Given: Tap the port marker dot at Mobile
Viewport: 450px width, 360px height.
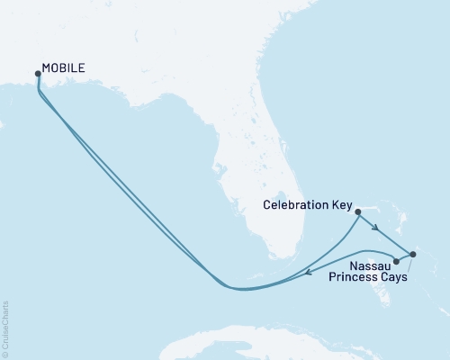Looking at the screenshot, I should (37, 74).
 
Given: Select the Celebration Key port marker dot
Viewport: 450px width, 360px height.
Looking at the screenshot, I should (358, 212).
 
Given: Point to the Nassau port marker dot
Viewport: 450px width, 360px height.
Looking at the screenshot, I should (397, 261).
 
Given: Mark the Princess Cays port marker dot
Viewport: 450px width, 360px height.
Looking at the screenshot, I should (413, 254).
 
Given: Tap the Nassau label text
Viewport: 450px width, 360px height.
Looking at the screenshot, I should (371, 265).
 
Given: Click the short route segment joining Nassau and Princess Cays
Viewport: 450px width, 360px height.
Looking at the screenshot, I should (405, 257).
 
